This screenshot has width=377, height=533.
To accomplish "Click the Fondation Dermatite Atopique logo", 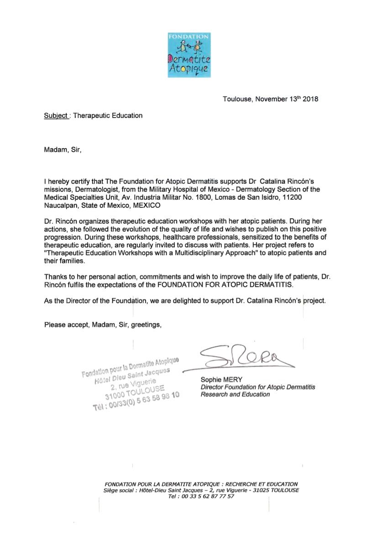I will pyautogui.click(x=188, y=55).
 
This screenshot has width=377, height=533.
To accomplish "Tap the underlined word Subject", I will pyautogui.click(x=55, y=116).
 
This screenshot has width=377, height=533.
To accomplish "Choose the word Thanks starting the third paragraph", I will pyautogui.click(x=54, y=277).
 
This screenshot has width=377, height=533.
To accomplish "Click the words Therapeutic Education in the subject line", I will pyautogui.click(x=108, y=116).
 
